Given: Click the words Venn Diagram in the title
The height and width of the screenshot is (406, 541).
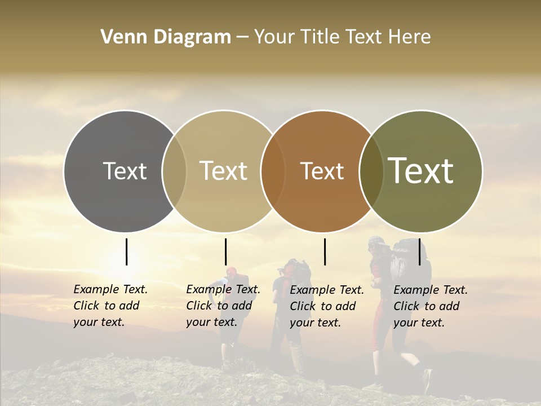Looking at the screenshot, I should [x=166, y=37].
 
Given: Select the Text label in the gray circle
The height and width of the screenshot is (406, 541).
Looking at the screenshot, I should [x=125, y=171].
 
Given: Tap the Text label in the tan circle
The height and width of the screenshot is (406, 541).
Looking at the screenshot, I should [x=223, y=171].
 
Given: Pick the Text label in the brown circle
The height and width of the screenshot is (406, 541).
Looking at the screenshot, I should [x=322, y=171].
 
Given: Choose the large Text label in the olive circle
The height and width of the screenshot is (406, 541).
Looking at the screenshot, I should [x=421, y=171].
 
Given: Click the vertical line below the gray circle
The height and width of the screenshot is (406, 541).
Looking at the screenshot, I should [x=126, y=251].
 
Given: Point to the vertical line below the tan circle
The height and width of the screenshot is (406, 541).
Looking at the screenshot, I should [x=225, y=251].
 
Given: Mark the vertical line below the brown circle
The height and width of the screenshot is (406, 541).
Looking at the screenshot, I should [x=325, y=251].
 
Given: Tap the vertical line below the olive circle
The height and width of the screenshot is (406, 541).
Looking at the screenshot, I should [x=419, y=251].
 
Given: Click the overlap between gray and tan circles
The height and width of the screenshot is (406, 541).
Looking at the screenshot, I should [x=174, y=171].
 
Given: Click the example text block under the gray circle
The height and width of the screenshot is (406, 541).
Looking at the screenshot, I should [x=110, y=306].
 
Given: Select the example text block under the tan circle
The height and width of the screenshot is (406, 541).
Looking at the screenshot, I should [x=223, y=306].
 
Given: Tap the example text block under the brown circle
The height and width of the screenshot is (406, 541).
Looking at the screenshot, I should [x=327, y=306].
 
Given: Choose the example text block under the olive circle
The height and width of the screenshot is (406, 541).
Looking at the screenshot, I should [x=431, y=306].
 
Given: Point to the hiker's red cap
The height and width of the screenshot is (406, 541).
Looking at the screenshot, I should [x=232, y=271].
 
